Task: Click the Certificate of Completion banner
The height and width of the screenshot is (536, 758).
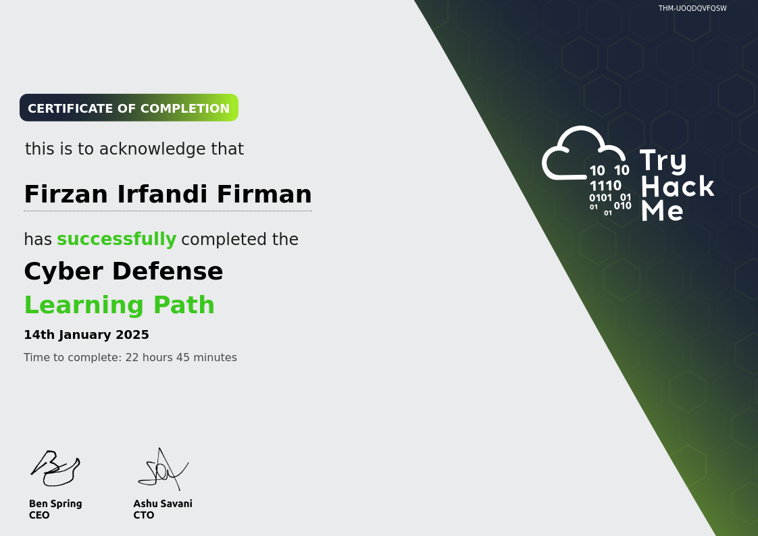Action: [x=129, y=108]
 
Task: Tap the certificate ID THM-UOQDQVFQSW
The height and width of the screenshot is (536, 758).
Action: [x=692, y=8]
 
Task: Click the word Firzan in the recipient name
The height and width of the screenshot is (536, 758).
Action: [x=66, y=194]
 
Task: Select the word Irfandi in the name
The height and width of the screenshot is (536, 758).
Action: [x=162, y=194]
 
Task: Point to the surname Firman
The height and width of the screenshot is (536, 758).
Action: [x=264, y=194]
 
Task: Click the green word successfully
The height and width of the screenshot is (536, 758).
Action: [x=116, y=239]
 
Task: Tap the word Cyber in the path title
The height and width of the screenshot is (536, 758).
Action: [x=64, y=271]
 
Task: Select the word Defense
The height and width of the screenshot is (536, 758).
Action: [x=168, y=271]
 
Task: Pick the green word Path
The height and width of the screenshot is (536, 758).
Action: [x=184, y=304]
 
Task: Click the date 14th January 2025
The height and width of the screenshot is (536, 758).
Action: [x=86, y=335]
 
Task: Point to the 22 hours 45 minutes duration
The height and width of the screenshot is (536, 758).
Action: [x=181, y=357]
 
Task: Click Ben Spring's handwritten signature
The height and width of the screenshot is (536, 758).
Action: [x=55, y=468]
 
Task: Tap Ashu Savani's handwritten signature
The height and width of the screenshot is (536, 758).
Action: [x=163, y=469]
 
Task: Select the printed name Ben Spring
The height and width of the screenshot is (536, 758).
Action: [x=55, y=504]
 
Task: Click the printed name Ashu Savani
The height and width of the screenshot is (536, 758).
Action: [x=163, y=504]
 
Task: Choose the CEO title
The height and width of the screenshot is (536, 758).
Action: [x=39, y=515]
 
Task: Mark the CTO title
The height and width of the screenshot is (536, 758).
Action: [x=144, y=515]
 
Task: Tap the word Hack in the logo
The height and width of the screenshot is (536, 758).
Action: [x=678, y=186]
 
